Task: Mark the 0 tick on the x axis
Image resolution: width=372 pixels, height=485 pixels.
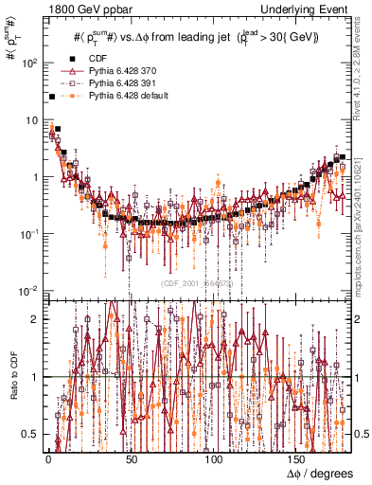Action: pyautogui.click(x=47, y=458)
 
